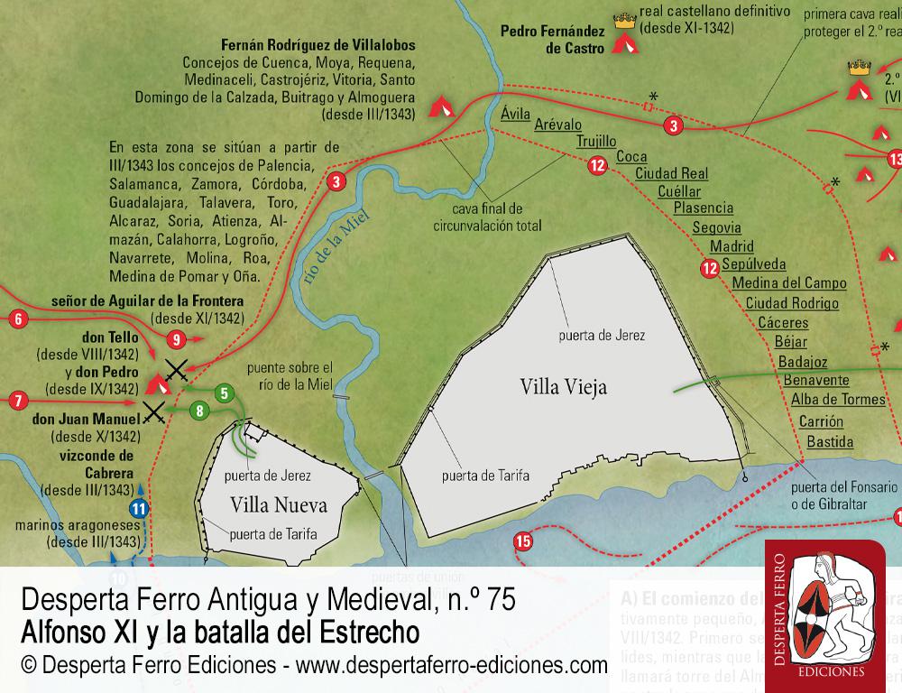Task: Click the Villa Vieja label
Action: pos(564,387)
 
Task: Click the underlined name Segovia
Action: pos(716,226)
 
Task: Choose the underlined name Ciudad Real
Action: pos(671,172)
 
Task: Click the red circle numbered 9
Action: pos(176,339)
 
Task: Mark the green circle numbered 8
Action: pos(199,411)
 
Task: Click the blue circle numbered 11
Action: pos(138,508)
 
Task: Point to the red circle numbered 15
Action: pos(522,541)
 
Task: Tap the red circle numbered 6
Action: pos(16,318)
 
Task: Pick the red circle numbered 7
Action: pos(16,397)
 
